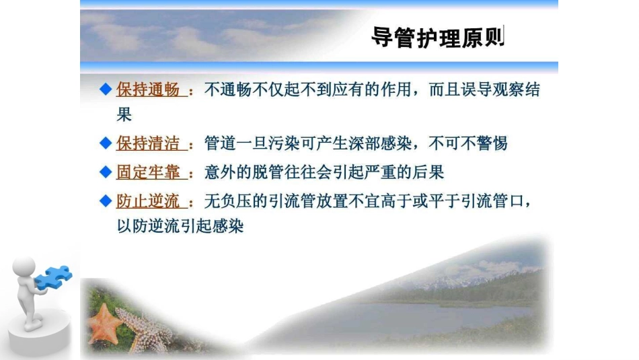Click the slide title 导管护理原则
[x=437, y=38]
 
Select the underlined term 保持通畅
[x=148, y=90]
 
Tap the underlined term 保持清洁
[x=148, y=143]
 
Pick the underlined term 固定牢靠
[x=148, y=172]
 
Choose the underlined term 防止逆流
[x=148, y=201]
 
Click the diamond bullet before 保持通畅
[x=104, y=90]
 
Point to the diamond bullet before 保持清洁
[x=104, y=143]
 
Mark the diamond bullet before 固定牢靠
[x=104, y=172]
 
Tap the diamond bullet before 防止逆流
[x=104, y=201]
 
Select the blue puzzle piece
[x=54, y=277]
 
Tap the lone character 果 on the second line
[x=124, y=114]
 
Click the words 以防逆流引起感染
[x=180, y=226]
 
